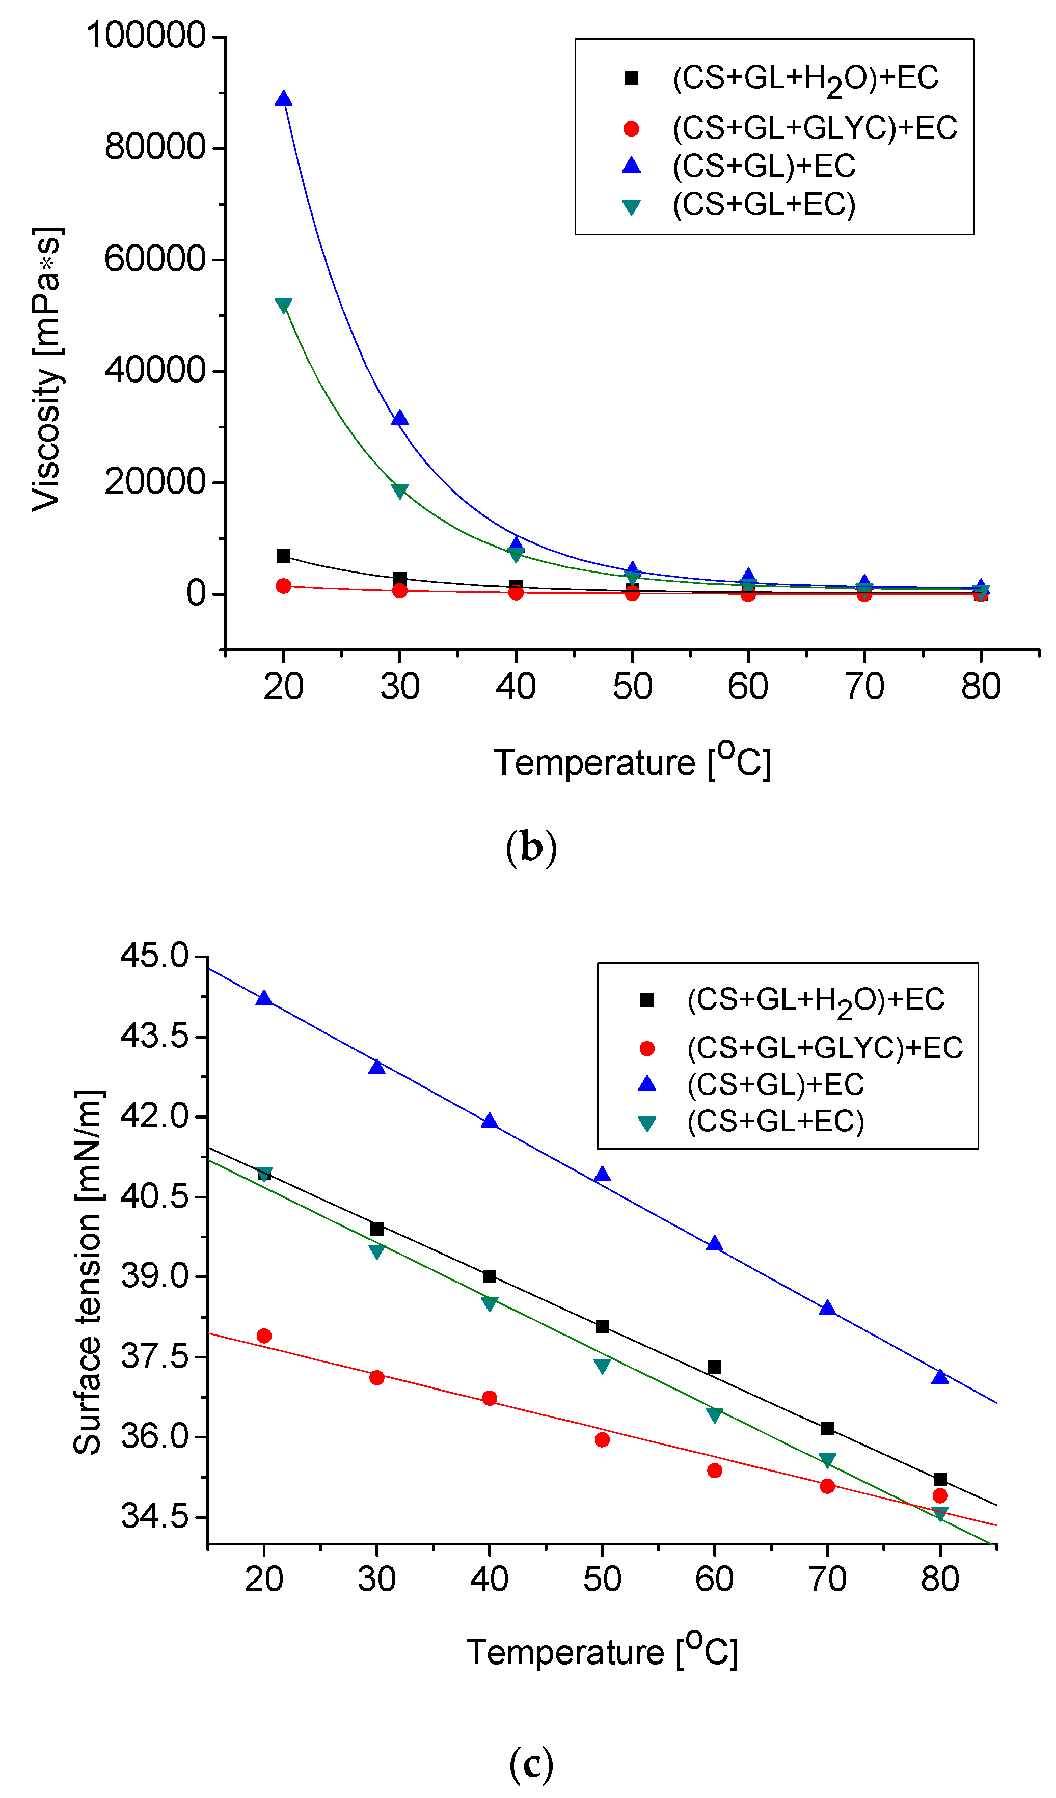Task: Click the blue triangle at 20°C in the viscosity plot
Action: [283, 98]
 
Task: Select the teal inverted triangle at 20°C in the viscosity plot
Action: [283, 305]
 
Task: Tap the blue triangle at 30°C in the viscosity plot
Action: [399, 418]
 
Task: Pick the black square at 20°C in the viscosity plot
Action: [283, 555]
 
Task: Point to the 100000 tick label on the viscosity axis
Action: [146, 36]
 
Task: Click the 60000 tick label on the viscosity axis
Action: [155, 259]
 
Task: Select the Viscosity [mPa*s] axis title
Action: [47, 369]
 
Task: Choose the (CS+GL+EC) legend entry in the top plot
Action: [764, 205]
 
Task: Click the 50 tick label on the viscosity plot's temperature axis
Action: [632, 687]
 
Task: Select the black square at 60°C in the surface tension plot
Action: [714, 1367]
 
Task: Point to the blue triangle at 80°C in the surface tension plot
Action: [940, 1376]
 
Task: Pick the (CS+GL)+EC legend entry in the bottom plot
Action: [775, 1084]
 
